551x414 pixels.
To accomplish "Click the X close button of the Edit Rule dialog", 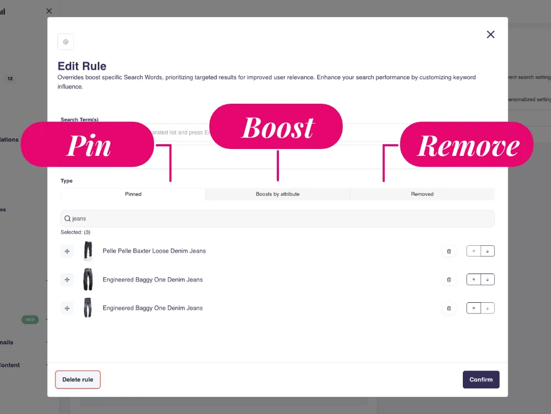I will pos(490,35).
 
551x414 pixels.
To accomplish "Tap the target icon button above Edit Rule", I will pos(66,42).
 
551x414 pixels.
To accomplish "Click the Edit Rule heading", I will pos(82,67).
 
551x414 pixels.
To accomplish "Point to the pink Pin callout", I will pos(88,145).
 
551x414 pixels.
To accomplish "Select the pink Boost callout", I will pos(277,127).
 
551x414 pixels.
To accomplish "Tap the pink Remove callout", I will pos(467,145).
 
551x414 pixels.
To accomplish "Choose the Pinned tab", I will pos(133,194).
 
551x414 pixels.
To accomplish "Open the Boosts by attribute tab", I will pos(277,194).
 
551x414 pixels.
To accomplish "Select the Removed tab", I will pos(422,194).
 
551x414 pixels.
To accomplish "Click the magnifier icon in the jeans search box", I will pos(67,219).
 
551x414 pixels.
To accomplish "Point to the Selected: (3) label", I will pos(75,233).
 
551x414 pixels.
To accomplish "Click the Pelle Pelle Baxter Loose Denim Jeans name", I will pos(154,251).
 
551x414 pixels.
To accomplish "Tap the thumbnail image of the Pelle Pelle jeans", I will pos(88,251).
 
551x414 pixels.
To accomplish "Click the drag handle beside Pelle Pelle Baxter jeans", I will pos(67,251).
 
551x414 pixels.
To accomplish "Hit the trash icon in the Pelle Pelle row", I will pos(449,251).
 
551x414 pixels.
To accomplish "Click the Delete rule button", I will pos(78,379).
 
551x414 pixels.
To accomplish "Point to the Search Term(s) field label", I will pos(80,120).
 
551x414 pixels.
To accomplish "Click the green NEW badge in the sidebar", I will pos(30,320).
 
